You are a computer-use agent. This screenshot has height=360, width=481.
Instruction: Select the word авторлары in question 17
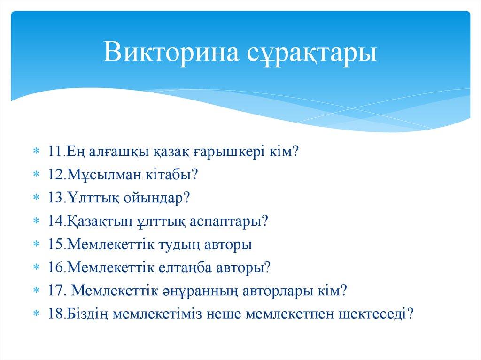(x=281, y=290)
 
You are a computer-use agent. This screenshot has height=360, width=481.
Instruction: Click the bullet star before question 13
(x=37, y=199)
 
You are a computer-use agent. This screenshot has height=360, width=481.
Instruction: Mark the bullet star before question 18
(x=37, y=314)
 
